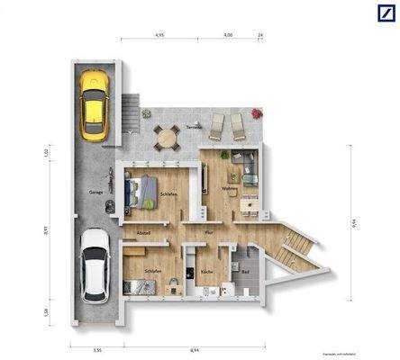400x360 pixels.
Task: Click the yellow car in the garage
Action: pyautogui.click(x=94, y=104)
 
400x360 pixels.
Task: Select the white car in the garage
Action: pyautogui.click(x=94, y=265)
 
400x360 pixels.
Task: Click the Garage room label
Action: pyautogui.click(x=95, y=192)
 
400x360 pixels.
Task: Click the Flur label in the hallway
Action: pyautogui.click(x=208, y=233)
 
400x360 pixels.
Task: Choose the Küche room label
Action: pyautogui.click(x=206, y=272)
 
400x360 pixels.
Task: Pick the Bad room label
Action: pyautogui.click(x=245, y=272)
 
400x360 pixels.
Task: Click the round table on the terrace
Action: pyautogui.click(x=165, y=137)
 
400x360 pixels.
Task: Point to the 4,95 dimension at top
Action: pyautogui.click(x=159, y=34)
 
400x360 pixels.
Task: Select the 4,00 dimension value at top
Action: pyautogui.click(x=228, y=34)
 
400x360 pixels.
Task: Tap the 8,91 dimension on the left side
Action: pyautogui.click(x=46, y=231)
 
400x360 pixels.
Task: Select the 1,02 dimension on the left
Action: pyautogui.click(x=46, y=153)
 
